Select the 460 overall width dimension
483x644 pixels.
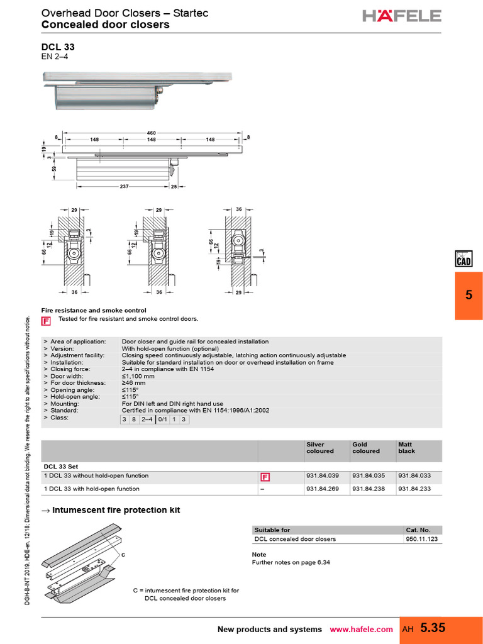(x=152, y=133)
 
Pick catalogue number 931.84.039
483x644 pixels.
(x=322, y=476)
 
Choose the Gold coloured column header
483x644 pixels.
(x=365, y=447)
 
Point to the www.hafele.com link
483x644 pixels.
(x=361, y=630)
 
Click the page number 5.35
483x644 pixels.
(x=432, y=628)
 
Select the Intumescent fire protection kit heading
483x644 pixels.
(x=116, y=510)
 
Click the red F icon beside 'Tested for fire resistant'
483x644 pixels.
(x=46, y=321)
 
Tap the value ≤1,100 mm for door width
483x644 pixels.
(x=138, y=376)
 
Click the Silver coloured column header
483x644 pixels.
(x=320, y=447)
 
